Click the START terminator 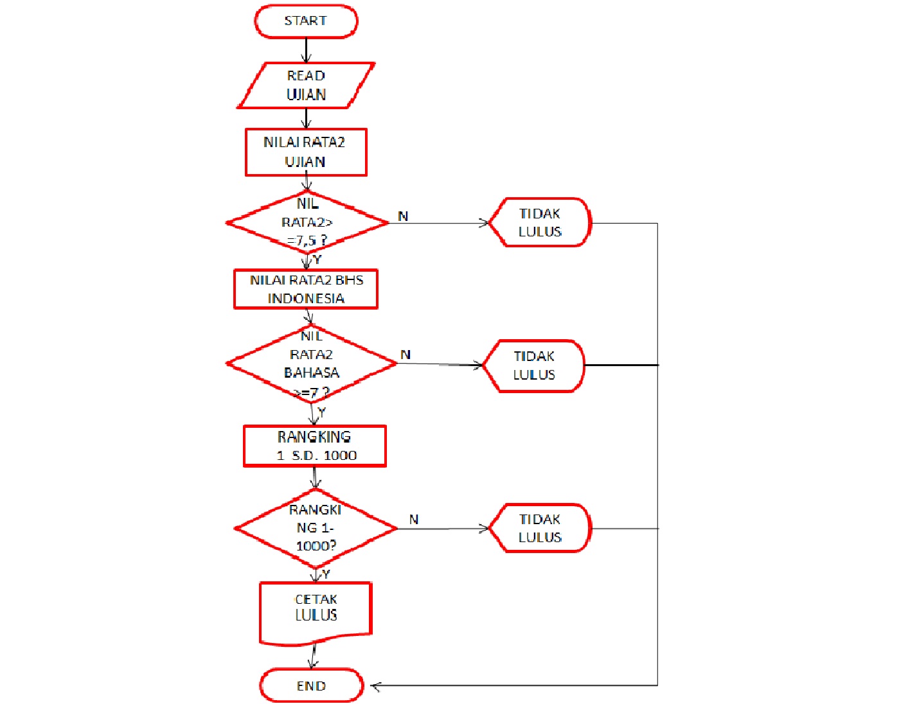pos(306,21)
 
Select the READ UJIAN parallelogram pos(306,85)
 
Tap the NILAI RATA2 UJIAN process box pos(306,152)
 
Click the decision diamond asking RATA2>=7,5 pos(307,222)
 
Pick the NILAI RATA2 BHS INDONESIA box pos(306,289)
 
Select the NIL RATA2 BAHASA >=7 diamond pos(312,364)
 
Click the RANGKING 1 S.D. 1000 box pos(315,446)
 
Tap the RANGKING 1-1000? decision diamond pos(316,528)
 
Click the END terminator pos(312,685)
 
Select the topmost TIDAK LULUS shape pos(540,222)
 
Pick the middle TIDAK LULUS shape pos(534,365)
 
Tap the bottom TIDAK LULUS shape pos(540,528)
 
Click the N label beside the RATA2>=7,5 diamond pos(403,216)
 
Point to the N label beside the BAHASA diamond pos(406,355)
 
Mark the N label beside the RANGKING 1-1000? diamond pos(414,519)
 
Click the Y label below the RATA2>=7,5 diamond pos(317,260)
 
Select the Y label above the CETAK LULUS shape pos(326,574)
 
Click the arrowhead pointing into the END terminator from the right pos(376,686)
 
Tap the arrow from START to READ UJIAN pos(306,50)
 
